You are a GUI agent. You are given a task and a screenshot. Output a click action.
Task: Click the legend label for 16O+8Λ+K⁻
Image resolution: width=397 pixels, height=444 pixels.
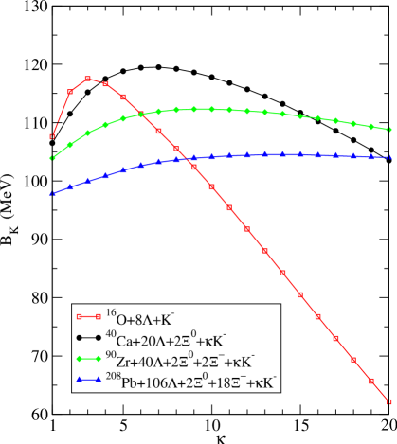147,319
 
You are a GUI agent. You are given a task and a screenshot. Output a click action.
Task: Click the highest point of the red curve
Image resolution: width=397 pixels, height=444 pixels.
88,79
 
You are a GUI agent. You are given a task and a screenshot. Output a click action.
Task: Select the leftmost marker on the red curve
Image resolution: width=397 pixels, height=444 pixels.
52,137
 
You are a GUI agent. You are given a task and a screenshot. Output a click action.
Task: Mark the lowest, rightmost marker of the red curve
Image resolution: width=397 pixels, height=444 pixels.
388,401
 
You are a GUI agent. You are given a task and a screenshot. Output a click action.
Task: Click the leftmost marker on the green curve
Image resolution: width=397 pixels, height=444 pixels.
52,158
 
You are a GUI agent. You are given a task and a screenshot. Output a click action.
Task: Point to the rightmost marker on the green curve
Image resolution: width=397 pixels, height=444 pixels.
389,130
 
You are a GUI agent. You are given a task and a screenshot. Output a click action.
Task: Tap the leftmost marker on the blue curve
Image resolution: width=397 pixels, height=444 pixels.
52,194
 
